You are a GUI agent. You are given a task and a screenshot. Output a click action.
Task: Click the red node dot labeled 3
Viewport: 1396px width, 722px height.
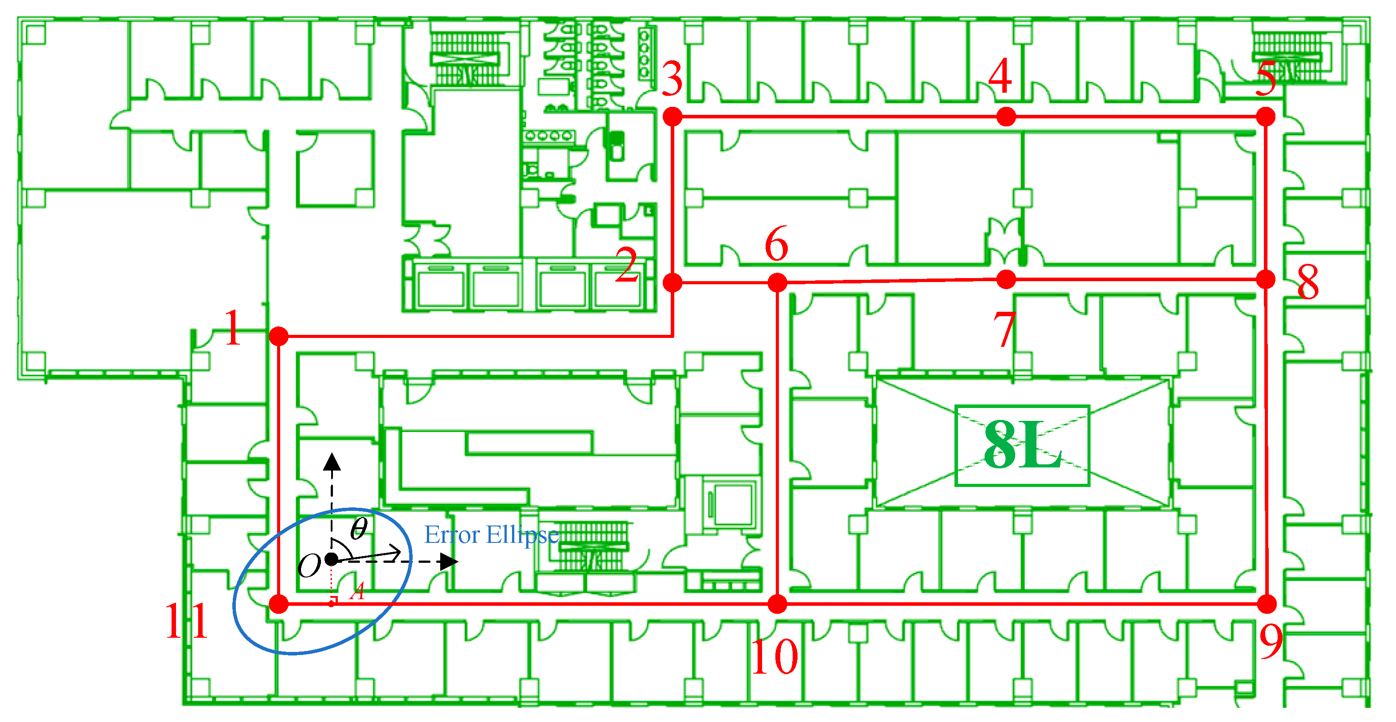(x=673, y=117)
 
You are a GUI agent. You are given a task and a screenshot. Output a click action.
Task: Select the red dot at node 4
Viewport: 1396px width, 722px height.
(x=1006, y=117)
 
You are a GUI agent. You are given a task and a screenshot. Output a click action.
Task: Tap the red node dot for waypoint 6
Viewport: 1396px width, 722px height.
(x=777, y=283)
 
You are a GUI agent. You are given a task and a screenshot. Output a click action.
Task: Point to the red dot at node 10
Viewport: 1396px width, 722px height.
(x=777, y=604)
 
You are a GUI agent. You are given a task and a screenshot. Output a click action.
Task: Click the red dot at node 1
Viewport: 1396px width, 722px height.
(x=278, y=336)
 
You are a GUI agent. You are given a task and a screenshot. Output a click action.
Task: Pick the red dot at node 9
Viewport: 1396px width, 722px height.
(x=1267, y=604)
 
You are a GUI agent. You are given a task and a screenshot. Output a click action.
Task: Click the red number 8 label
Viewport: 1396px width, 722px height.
(x=1308, y=283)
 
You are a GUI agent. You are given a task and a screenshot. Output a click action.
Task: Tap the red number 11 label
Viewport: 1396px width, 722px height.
(x=187, y=621)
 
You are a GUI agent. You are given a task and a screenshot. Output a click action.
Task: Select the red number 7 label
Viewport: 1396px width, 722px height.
(x=1004, y=329)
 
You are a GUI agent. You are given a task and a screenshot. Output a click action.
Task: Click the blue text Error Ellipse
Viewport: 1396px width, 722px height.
(x=491, y=535)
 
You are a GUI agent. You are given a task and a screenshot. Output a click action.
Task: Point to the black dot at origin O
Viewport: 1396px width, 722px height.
(x=331, y=559)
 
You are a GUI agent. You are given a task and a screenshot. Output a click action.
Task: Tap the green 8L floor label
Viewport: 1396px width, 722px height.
(x=1022, y=446)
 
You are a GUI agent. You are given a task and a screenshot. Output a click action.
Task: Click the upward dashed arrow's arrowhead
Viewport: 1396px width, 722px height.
(x=332, y=462)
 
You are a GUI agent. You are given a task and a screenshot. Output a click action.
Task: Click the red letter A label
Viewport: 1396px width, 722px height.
(x=357, y=591)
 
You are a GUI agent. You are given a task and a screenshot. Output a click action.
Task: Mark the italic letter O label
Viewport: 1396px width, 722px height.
(x=309, y=566)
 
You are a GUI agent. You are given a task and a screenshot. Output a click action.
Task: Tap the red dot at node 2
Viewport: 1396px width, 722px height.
(x=673, y=283)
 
